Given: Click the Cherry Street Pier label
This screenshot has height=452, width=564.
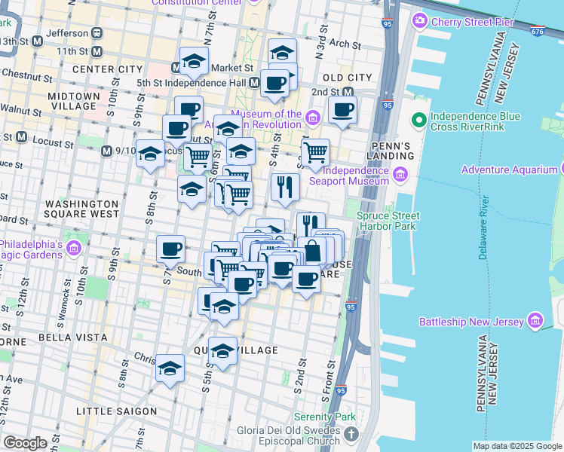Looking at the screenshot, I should pos(472,22).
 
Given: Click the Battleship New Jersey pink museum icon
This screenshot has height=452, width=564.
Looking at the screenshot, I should pos(535,322).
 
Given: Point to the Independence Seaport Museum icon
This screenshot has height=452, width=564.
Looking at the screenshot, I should pos(400,176).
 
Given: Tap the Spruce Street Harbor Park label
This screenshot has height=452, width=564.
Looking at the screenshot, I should pos(388,220).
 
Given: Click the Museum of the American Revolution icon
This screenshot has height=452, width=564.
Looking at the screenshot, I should pos(313,118).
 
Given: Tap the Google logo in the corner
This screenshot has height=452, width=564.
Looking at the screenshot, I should pos(25,443).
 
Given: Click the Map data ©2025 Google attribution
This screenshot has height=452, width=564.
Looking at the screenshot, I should pos(517,446).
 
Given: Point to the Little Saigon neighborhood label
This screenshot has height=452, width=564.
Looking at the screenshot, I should pos(116,411).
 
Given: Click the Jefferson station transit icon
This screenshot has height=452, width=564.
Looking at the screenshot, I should pos(97,33).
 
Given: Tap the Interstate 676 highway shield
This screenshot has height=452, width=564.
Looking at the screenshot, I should pos(537,31).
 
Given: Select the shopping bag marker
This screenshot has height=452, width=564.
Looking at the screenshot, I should pos(311,250).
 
